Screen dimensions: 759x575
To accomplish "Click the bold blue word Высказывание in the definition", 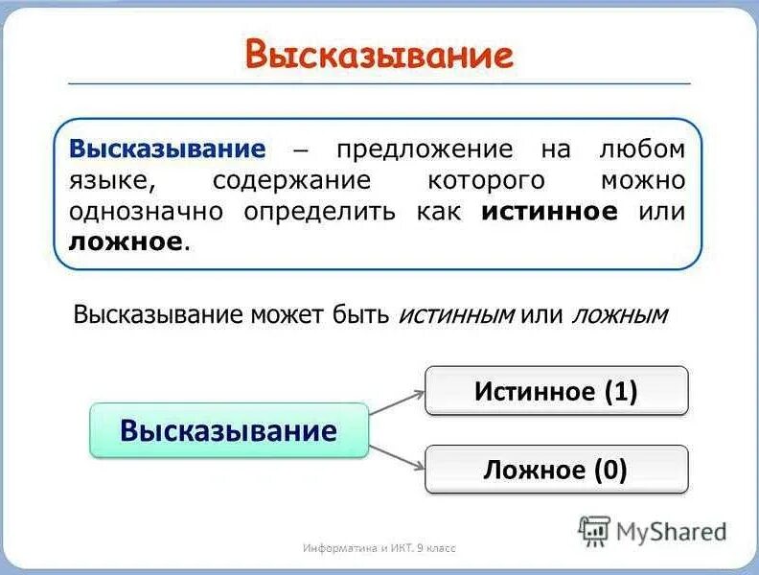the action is pos(167,149).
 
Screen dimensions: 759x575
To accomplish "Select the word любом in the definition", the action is pos(642,149).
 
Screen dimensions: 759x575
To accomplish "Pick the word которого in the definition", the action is pos(486,180).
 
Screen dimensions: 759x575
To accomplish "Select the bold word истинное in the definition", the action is pos(549,211).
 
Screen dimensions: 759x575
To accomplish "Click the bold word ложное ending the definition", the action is pos(126,241).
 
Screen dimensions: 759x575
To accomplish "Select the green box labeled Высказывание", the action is pos(229,430).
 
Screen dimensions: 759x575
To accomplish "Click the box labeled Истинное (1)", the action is pos(556,391).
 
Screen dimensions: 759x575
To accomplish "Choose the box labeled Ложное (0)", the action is pos(556,470).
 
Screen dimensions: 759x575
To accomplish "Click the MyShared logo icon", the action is pos(594,531).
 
